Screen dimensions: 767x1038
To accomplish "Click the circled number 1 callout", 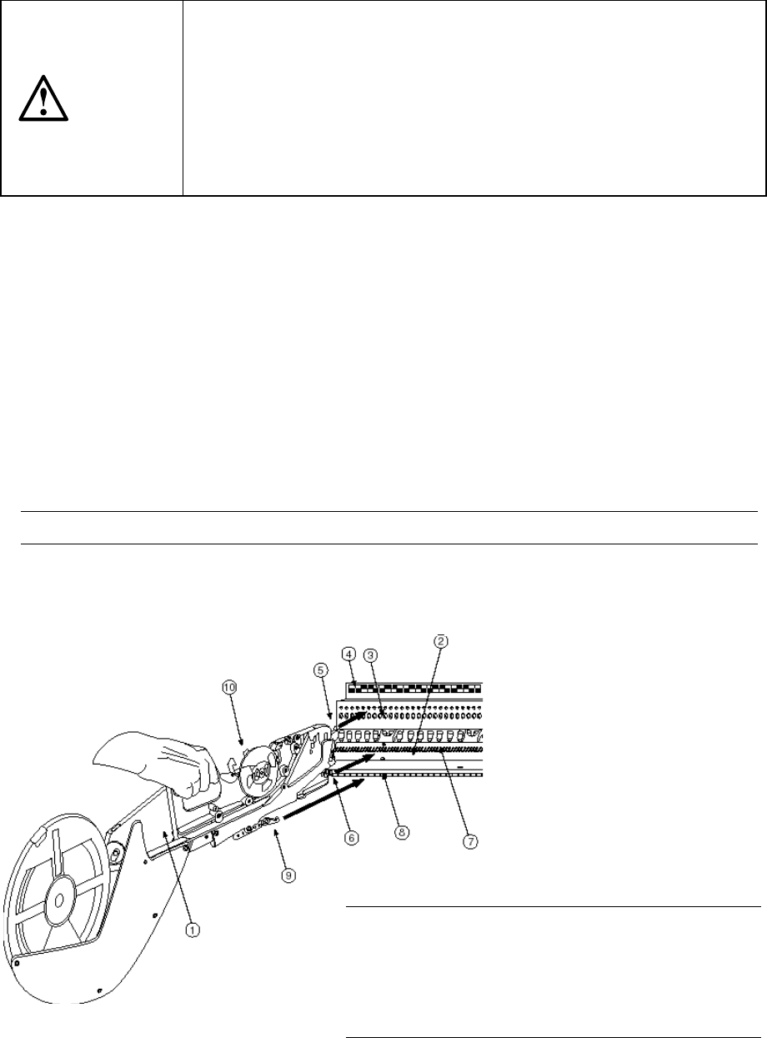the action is [192, 927].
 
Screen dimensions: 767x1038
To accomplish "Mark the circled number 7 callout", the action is [470, 841].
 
